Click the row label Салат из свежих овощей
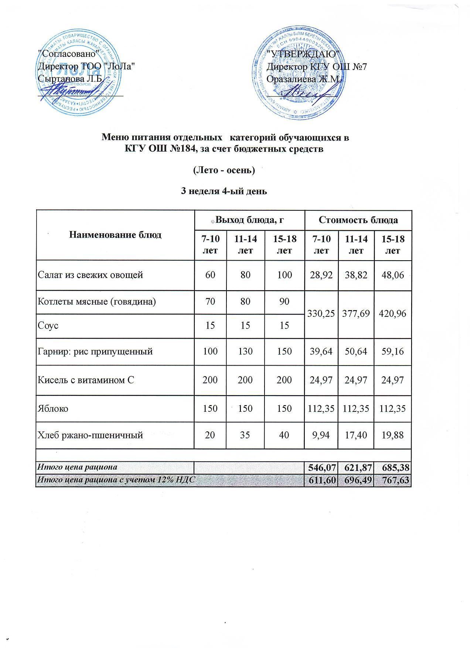(90, 275)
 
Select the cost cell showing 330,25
(321, 313)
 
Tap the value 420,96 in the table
(393, 313)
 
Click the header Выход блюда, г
(249, 220)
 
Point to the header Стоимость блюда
(358, 220)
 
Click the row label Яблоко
(53, 408)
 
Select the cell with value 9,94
(321, 435)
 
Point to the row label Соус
(48, 326)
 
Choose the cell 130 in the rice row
(246, 351)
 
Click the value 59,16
(393, 351)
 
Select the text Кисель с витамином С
(86, 380)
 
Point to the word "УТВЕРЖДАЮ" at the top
(305, 54)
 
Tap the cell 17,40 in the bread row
(356, 435)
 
